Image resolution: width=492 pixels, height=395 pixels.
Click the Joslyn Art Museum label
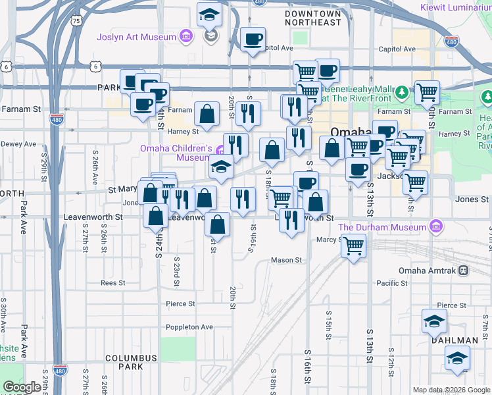point(136,36)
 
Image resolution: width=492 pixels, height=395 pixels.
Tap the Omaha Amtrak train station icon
point(464,271)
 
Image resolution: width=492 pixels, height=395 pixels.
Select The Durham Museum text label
point(382,227)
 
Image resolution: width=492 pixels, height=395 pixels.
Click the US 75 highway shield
point(78,21)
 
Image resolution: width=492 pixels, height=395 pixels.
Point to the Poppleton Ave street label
point(189,327)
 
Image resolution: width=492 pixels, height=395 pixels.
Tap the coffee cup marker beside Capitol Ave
point(253,40)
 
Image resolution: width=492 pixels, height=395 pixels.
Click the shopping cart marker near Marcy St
point(354,246)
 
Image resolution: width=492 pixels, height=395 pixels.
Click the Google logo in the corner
point(22,387)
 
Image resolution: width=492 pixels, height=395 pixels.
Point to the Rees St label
point(112,282)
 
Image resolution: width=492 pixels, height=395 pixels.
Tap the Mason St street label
point(286,260)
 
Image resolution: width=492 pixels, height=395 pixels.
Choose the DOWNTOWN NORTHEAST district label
point(314,18)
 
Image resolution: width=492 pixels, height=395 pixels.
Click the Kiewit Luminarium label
point(456,8)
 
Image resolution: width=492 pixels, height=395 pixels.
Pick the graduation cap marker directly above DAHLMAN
point(435,321)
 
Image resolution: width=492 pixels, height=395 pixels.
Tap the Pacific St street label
point(393,282)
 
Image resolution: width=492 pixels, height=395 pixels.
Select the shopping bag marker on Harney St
point(207,114)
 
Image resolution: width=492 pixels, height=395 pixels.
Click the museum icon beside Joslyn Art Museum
point(186,36)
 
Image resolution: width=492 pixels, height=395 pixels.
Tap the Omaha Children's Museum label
point(175,153)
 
